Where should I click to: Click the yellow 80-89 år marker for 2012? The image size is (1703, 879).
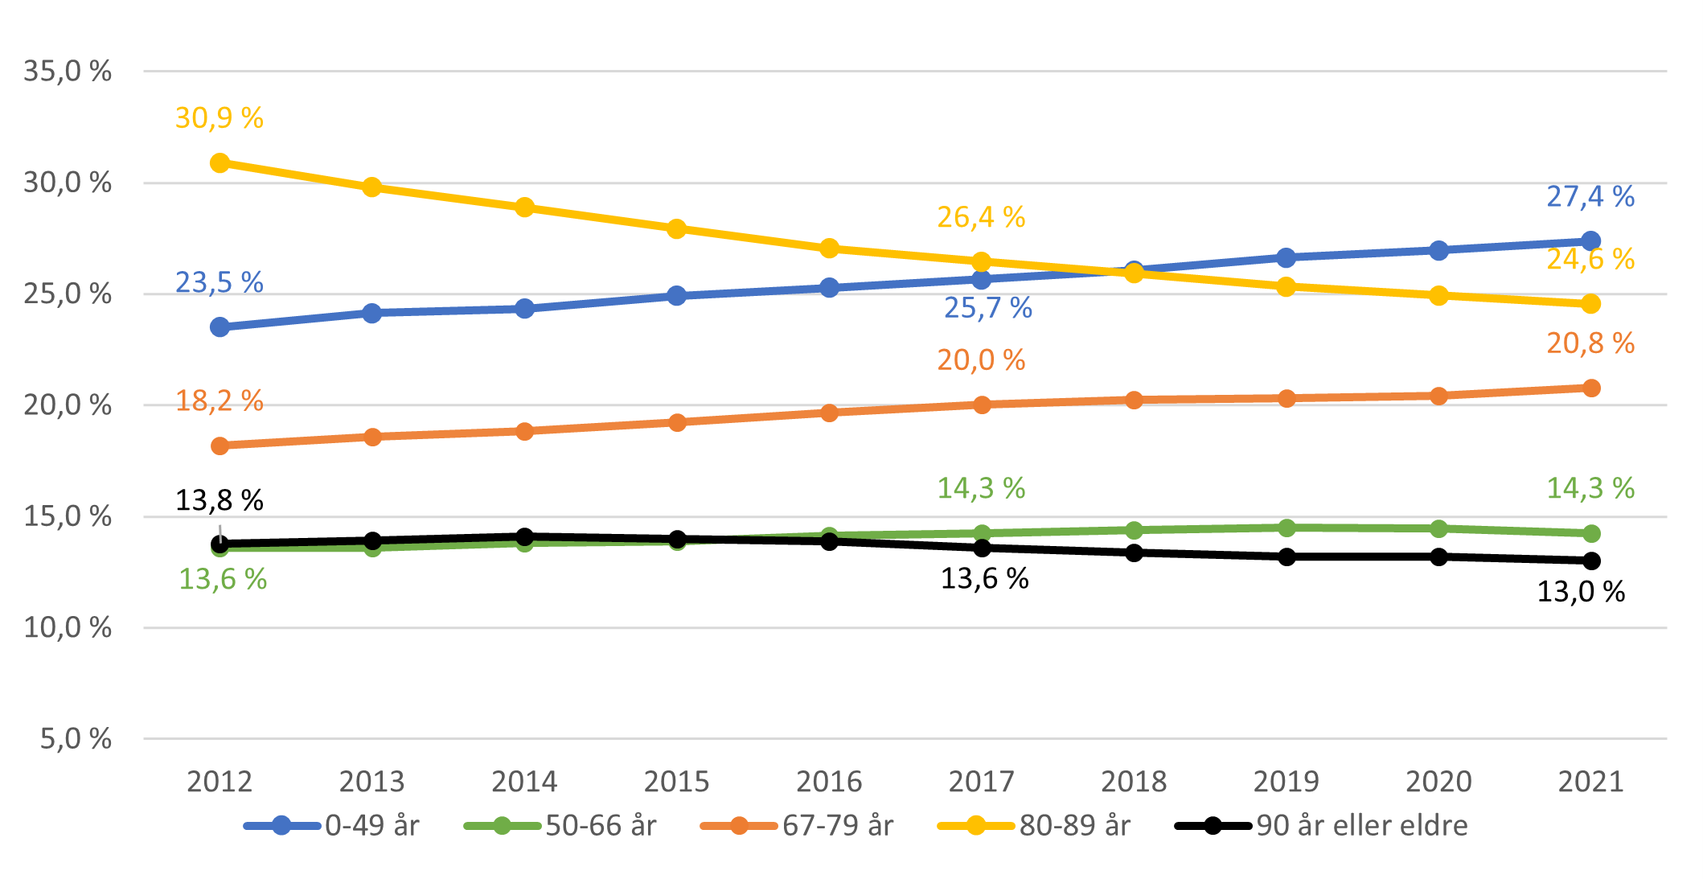220,163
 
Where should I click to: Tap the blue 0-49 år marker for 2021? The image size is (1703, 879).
1590,240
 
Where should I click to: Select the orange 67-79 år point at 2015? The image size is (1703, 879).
677,422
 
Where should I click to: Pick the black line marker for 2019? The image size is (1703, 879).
1286,557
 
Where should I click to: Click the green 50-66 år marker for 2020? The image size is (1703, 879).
1438,528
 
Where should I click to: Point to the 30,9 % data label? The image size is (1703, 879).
220,118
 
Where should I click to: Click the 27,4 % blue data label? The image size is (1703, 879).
1590,196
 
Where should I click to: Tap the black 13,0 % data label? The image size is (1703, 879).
1581,592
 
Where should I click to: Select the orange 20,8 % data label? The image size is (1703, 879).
1590,343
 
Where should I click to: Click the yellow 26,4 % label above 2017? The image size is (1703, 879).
981,217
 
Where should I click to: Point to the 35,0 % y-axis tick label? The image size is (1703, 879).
68,72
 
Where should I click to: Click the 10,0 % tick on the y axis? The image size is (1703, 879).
68,627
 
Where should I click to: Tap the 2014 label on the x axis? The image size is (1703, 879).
524,782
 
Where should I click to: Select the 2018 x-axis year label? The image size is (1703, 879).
1134,782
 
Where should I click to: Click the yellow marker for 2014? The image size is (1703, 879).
524,207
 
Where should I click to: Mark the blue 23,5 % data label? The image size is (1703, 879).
220,282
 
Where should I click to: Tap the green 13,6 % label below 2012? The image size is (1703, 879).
223,579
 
